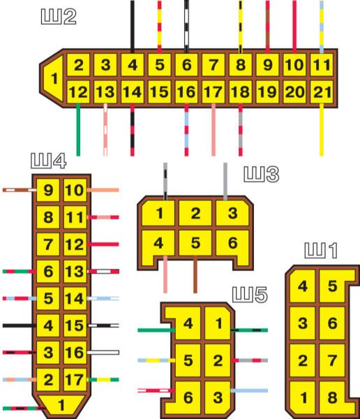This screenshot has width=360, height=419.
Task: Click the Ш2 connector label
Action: tap(59, 17)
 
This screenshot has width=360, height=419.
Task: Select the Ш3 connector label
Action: tap(262, 175)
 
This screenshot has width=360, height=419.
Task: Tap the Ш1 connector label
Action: tap(321, 251)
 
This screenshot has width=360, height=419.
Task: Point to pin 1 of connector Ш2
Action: tap(54, 78)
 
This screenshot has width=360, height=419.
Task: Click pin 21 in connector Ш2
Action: tap(322, 92)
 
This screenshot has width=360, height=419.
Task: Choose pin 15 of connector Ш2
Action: tap(160, 92)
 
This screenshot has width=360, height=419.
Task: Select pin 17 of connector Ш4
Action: tap(75, 379)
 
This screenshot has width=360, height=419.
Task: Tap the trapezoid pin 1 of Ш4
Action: tap(61, 405)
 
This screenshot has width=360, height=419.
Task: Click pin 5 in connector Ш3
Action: tap(195, 243)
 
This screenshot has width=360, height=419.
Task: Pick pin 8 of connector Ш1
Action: tap(333, 397)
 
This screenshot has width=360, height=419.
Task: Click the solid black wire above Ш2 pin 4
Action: tap(132, 27)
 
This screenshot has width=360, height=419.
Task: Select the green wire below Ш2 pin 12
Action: tap(78, 130)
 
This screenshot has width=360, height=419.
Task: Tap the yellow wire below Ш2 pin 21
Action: tap(322, 130)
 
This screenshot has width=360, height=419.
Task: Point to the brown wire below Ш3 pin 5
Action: tap(195, 274)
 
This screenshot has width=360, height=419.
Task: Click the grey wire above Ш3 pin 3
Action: tap(225, 182)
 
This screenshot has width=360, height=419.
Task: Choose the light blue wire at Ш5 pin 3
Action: tap(249, 390)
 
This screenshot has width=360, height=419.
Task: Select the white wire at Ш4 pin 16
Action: tap(103, 353)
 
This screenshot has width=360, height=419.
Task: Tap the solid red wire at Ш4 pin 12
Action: tap(103, 244)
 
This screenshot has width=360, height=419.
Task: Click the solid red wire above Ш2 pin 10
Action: tap(294, 27)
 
